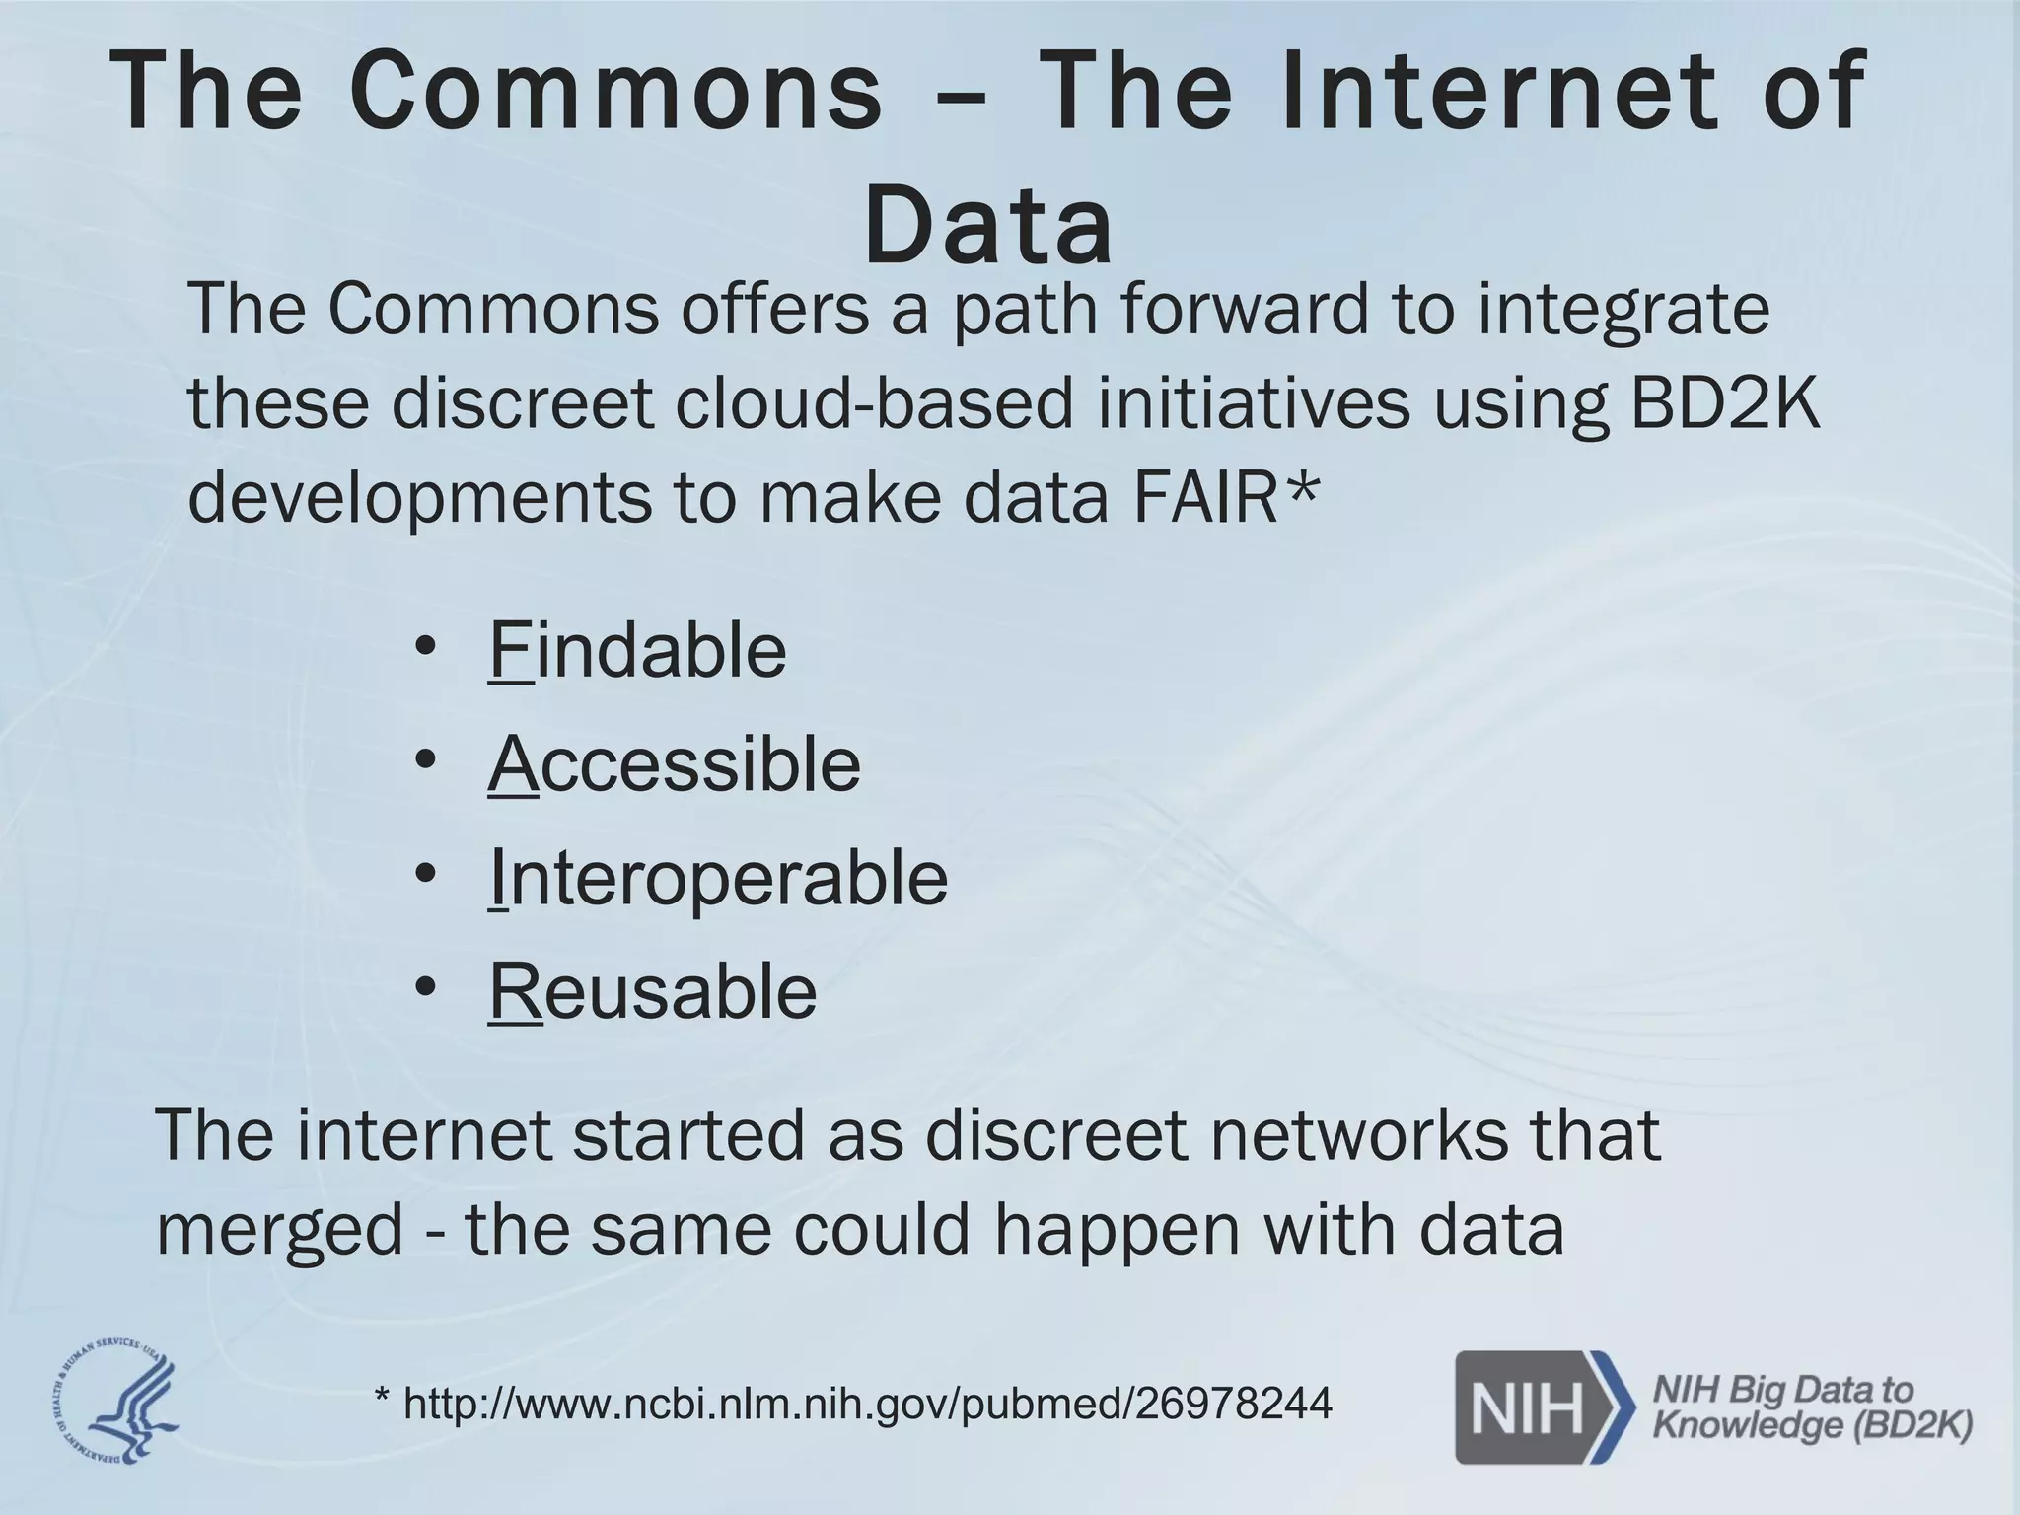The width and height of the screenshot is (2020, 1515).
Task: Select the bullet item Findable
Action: [x=637, y=650]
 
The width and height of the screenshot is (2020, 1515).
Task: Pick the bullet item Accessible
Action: [x=675, y=764]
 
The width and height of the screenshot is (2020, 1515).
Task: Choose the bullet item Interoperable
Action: [x=718, y=878]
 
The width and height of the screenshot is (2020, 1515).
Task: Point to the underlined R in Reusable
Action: [x=515, y=991]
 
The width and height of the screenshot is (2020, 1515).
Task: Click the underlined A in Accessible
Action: [x=513, y=764]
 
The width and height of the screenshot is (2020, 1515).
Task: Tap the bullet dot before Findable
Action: [x=425, y=648]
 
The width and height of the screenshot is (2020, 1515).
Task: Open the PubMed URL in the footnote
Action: [x=868, y=1403]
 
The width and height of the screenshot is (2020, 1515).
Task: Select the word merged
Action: [x=280, y=1229]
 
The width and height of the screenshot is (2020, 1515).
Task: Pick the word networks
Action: [x=1358, y=1134]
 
